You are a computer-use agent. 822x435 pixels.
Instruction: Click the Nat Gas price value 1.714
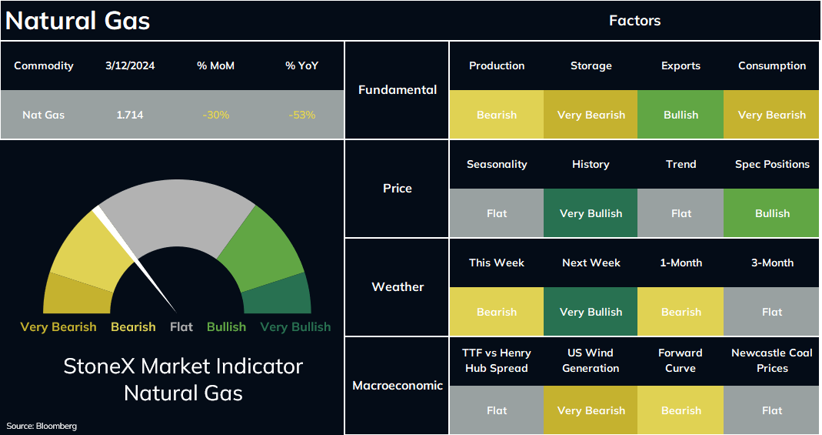pyautogui.click(x=129, y=115)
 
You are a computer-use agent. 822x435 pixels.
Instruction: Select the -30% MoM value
pyautogui.click(x=216, y=115)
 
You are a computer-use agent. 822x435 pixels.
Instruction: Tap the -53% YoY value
pyautogui.click(x=302, y=115)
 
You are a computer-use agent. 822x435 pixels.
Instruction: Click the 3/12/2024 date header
pyautogui.click(x=130, y=65)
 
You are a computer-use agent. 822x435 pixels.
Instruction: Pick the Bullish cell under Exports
pyautogui.click(x=681, y=115)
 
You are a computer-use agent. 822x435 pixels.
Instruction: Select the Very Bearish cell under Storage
pyautogui.click(x=591, y=115)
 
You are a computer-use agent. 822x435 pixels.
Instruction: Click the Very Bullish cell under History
pyautogui.click(x=591, y=213)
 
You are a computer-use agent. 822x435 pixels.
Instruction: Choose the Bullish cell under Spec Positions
pyautogui.click(x=771, y=213)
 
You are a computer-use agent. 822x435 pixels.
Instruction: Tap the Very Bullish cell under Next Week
pyautogui.click(x=591, y=312)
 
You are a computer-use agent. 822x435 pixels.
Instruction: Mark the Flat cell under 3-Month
pyautogui.click(x=771, y=312)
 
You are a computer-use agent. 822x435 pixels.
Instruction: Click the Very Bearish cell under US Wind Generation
pyautogui.click(x=591, y=410)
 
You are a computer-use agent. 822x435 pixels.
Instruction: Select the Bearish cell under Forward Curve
pyautogui.click(x=681, y=410)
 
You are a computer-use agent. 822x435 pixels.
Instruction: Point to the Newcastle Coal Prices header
pyautogui.click(x=772, y=360)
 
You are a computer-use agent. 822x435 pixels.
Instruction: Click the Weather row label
pyautogui.click(x=398, y=287)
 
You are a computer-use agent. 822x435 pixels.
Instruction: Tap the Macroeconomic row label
pyautogui.click(x=398, y=386)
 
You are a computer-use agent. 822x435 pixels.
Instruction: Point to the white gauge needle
pyautogui.click(x=135, y=259)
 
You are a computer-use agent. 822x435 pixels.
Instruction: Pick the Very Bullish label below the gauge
pyautogui.click(x=296, y=327)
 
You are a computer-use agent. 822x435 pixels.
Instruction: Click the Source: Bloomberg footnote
pyautogui.click(x=42, y=426)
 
